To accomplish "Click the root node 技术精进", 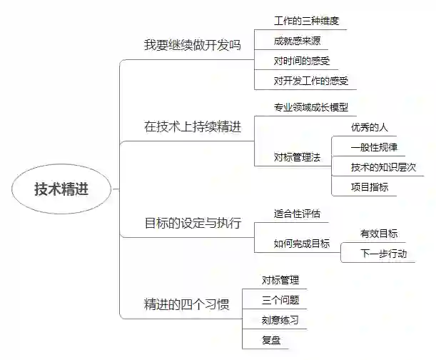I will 63,189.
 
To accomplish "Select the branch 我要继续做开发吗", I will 192,44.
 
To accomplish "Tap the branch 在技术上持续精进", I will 192,127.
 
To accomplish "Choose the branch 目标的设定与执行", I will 192,224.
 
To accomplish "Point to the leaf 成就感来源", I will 297,41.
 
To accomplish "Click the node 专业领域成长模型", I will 310,108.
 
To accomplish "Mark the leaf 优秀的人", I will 370,128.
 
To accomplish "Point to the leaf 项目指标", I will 370,187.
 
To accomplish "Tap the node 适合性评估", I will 297,214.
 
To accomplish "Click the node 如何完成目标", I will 302,244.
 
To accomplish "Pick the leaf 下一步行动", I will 383,254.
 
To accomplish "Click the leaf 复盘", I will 271,340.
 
